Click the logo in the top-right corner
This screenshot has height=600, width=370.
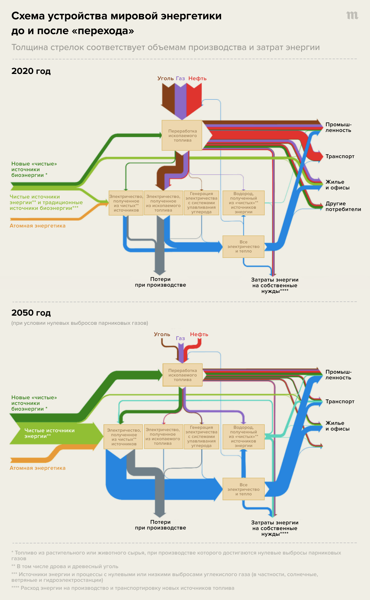(x=352, y=15)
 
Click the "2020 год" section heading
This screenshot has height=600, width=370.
(x=31, y=71)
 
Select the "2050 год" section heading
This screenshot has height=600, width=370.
(x=31, y=313)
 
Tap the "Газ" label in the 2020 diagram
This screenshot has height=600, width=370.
(x=180, y=78)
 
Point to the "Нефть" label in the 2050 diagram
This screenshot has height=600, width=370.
(x=199, y=334)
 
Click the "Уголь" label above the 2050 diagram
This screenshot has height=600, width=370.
(x=162, y=334)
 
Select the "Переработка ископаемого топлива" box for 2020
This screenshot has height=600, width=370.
(x=182, y=136)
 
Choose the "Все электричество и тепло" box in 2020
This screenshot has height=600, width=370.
(x=243, y=247)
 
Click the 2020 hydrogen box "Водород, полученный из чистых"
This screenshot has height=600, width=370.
(x=243, y=203)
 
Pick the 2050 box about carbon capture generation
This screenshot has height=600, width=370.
(x=202, y=436)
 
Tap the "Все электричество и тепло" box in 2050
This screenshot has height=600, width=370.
(x=243, y=489)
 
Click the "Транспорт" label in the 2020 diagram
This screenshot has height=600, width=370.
(x=340, y=156)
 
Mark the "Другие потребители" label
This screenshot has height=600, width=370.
(x=343, y=206)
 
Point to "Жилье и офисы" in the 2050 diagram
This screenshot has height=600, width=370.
(x=337, y=426)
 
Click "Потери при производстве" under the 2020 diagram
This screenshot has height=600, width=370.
(x=161, y=282)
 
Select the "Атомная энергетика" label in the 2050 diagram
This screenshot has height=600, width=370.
(x=38, y=468)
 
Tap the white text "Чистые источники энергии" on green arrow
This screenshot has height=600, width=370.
(x=50, y=433)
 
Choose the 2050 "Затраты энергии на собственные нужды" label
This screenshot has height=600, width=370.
(x=275, y=528)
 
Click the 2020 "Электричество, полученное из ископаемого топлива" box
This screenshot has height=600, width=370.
(x=163, y=203)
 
